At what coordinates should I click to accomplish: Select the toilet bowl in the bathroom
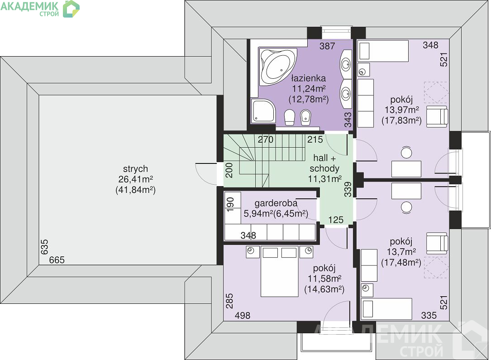pyautogui.click(x=289, y=117)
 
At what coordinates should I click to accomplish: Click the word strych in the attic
pyautogui.click(x=135, y=169)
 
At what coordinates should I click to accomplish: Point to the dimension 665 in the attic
pyautogui.click(x=57, y=260)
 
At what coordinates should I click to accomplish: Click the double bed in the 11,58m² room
pyautogui.click(x=279, y=271)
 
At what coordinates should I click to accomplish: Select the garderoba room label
pyautogui.click(x=276, y=203)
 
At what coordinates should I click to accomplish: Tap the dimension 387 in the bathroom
pyautogui.click(x=327, y=46)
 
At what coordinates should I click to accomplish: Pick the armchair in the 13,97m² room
pyautogui.click(x=437, y=116)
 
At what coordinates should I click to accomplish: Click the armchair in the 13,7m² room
pyautogui.click(x=437, y=243)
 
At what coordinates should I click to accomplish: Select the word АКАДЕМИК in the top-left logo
pyautogui.click(x=29, y=6)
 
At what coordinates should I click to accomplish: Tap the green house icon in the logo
pyautogui.click(x=71, y=9)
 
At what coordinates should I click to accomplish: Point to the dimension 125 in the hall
pyautogui.click(x=336, y=220)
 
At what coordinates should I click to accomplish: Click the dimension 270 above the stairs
pyautogui.click(x=266, y=139)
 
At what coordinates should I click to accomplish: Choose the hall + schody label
pyautogui.click(x=324, y=163)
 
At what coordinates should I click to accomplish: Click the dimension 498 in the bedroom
pyautogui.click(x=243, y=316)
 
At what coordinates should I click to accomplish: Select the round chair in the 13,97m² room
pyautogui.click(x=406, y=153)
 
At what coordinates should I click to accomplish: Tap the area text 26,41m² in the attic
pyautogui.click(x=136, y=179)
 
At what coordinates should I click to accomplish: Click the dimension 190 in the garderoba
pyautogui.click(x=230, y=205)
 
